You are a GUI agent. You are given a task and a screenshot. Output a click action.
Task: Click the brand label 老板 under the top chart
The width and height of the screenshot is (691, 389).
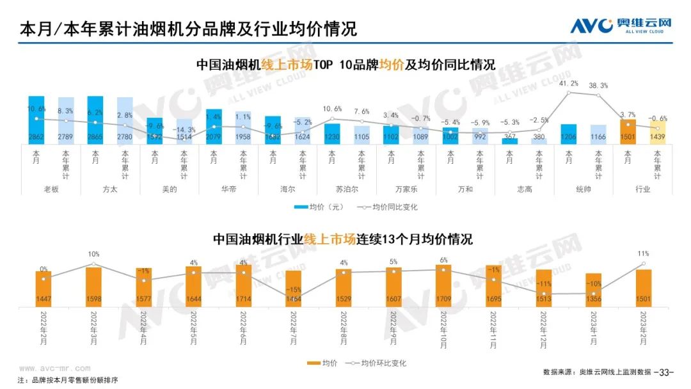coord(50,189)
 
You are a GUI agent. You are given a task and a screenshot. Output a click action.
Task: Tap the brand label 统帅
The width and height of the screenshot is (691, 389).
coord(584,189)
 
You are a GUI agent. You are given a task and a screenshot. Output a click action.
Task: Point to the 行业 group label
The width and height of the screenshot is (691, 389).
coord(642,189)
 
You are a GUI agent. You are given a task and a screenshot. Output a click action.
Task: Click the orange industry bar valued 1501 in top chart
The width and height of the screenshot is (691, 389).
coord(628,131)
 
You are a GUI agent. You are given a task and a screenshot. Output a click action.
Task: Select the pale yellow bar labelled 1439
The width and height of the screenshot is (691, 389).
coord(658,132)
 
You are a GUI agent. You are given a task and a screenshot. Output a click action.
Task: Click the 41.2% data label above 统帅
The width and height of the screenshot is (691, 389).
coord(569,84)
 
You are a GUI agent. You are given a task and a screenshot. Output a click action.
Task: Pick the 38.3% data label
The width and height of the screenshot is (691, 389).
coord(598,86)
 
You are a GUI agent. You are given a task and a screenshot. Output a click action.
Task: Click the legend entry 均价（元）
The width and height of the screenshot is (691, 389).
coord(320,207)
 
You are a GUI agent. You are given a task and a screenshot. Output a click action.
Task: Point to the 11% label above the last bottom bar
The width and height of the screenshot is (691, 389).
coord(644,254)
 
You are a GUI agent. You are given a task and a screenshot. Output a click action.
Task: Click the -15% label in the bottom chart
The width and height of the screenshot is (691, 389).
coord(294,290)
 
